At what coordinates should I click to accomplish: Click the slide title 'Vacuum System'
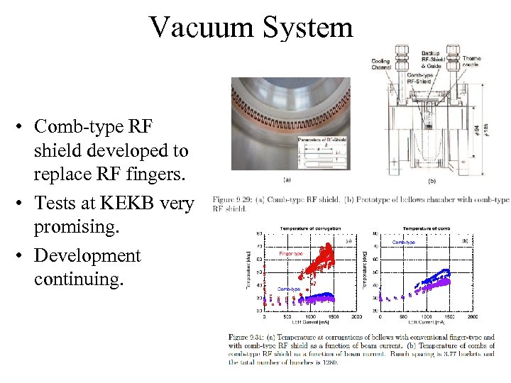251,28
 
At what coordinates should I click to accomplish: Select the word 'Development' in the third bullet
87,255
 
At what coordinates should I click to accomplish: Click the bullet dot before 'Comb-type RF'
23,127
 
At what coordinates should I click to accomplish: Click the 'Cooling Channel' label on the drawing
380,64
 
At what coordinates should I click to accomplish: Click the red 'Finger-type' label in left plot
292,253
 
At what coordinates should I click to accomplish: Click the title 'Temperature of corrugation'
310,228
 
